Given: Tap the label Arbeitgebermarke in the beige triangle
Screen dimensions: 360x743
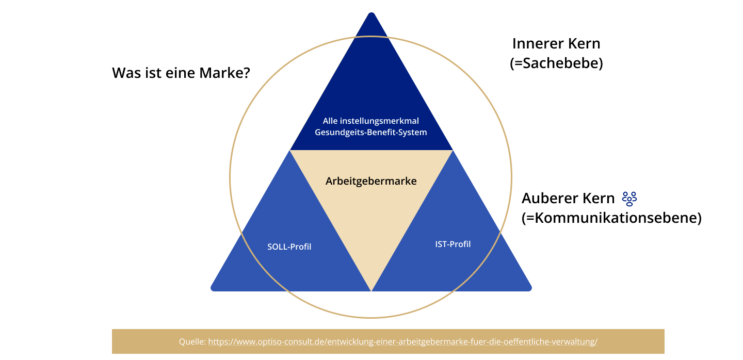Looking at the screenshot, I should [x=371, y=182].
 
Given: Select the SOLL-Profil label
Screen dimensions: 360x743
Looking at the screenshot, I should [x=289, y=247].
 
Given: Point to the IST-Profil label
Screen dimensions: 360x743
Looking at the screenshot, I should [x=453, y=244].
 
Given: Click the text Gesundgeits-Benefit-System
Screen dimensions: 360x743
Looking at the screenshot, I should [x=371, y=133].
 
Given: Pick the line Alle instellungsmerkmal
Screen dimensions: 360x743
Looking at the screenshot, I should [x=371, y=121].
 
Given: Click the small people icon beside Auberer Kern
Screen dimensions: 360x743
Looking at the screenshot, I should [x=629, y=199].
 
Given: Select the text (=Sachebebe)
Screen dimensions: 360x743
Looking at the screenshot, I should [x=556, y=64].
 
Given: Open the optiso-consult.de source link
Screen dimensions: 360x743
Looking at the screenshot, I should [x=402, y=342].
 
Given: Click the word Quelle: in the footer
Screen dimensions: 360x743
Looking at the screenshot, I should [x=192, y=342].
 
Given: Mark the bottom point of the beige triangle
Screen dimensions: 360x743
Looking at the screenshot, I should [x=371, y=289].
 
